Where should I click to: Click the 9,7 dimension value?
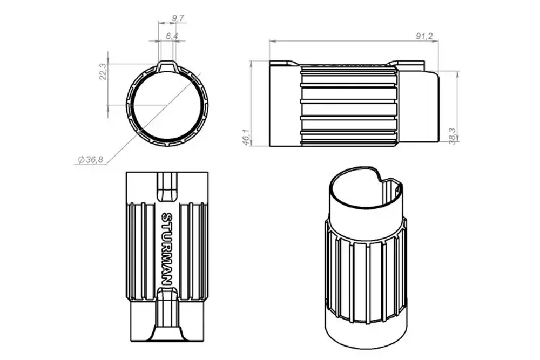178,18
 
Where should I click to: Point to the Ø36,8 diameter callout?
91,160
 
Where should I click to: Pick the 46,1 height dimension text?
246,137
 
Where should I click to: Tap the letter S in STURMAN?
167,217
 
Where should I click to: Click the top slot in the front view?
167,186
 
